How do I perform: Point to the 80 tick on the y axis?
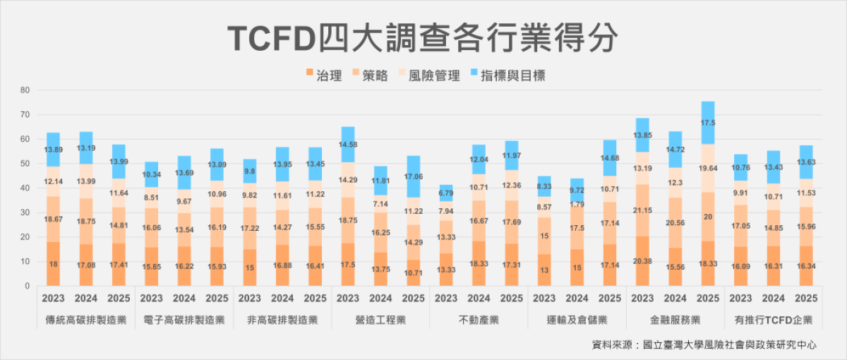coord(25,90)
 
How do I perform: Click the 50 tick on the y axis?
coord(25,164)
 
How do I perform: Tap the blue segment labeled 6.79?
coord(445,193)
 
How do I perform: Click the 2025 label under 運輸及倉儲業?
coord(610,298)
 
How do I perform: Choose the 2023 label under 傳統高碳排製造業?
coord(53,298)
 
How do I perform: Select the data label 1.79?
coord(577,205)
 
